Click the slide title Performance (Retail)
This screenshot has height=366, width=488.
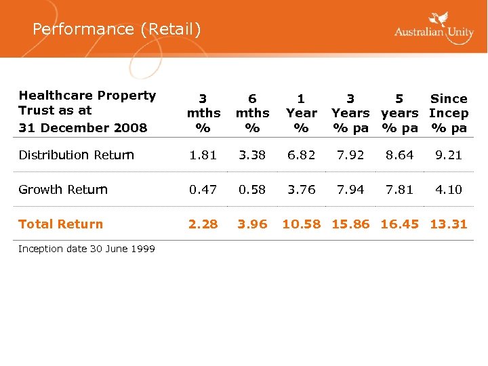[x=117, y=29]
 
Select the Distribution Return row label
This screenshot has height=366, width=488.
[x=76, y=155]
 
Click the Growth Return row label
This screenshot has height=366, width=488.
[x=63, y=190]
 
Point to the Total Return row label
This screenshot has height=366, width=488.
[x=60, y=224]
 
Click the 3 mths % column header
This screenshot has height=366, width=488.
[x=203, y=113]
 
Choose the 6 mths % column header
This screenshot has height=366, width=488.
[x=252, y=113]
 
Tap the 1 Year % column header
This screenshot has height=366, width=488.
[x=302, y=113]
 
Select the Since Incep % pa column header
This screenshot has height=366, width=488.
[x=449, y=113]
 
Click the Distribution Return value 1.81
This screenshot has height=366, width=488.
[x=203, y=155]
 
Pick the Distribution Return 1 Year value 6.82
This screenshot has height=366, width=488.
[x=302, y=155]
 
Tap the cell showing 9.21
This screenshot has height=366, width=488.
[x=449, y=155]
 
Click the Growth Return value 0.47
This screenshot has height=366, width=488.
[x=203, y=190]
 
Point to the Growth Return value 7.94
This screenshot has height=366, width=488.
[x=350, y=190]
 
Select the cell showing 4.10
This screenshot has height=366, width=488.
[x=449, y=190]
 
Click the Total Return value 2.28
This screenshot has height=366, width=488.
[x=203, y=224]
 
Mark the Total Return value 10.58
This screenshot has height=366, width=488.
[x=302, y=224]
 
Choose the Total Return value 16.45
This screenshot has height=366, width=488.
[x=400, y=224]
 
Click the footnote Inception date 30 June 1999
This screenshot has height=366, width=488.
[x=87, y=249]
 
